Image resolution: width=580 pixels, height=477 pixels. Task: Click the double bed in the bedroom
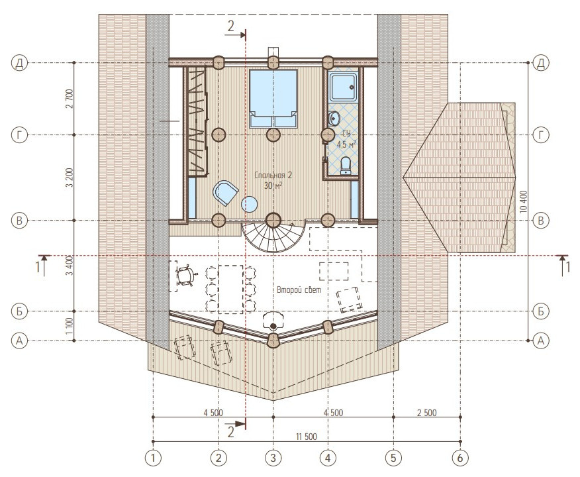point(273,99)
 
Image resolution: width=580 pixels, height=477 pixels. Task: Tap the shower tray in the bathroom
point(344,87)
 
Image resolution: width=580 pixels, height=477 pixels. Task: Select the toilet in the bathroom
point(345,165)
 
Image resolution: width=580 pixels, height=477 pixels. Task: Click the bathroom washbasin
point(334,119)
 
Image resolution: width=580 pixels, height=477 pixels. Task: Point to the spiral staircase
point(273,237)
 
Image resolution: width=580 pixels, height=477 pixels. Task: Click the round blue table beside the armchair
point(250,204)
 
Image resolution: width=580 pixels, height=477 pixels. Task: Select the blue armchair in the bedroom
point(225,192)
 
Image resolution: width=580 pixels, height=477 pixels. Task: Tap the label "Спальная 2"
point(273,175)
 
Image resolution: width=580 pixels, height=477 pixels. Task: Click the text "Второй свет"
point(299,290)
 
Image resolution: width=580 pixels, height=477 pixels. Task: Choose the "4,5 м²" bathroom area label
point(346,144)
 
